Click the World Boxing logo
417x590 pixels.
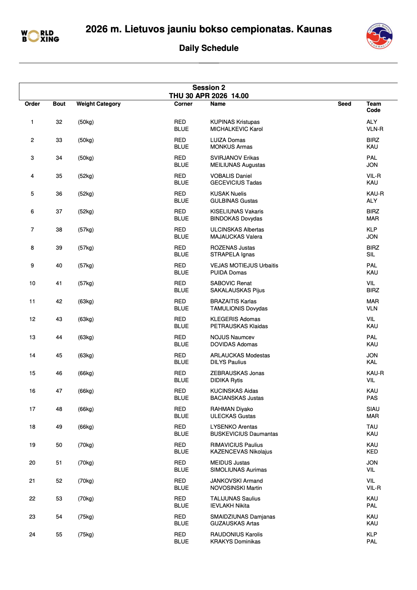[x=40, y=36]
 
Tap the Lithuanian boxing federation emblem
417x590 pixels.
[x=379, y=36]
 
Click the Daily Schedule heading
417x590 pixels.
[x=208, y=48]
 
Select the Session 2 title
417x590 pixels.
[x=208, y=88]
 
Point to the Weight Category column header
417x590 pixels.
[x=98, y=104]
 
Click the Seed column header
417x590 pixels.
[x=344, y=104]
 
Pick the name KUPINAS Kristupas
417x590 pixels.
[x=235, y=122]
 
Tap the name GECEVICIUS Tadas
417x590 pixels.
[x=236, y=183]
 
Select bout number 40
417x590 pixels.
[x=59, y=265]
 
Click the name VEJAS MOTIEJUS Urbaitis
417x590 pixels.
[x=244, y=265]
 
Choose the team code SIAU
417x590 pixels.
[x=373, y=409]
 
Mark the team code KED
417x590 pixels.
[x=372, y=452]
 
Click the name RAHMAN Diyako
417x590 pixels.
[x=231, y=409]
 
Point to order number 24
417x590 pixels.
[x=32, y=534]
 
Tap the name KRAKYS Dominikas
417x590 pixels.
[x=235, y=541]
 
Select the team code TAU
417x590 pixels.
[x=372, y=427]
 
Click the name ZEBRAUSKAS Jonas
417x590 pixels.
[x=237, y=373]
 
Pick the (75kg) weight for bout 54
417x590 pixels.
[x=86, y=517]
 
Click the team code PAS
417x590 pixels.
[x=372, y=398]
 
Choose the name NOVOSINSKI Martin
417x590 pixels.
[x=236, y=488]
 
